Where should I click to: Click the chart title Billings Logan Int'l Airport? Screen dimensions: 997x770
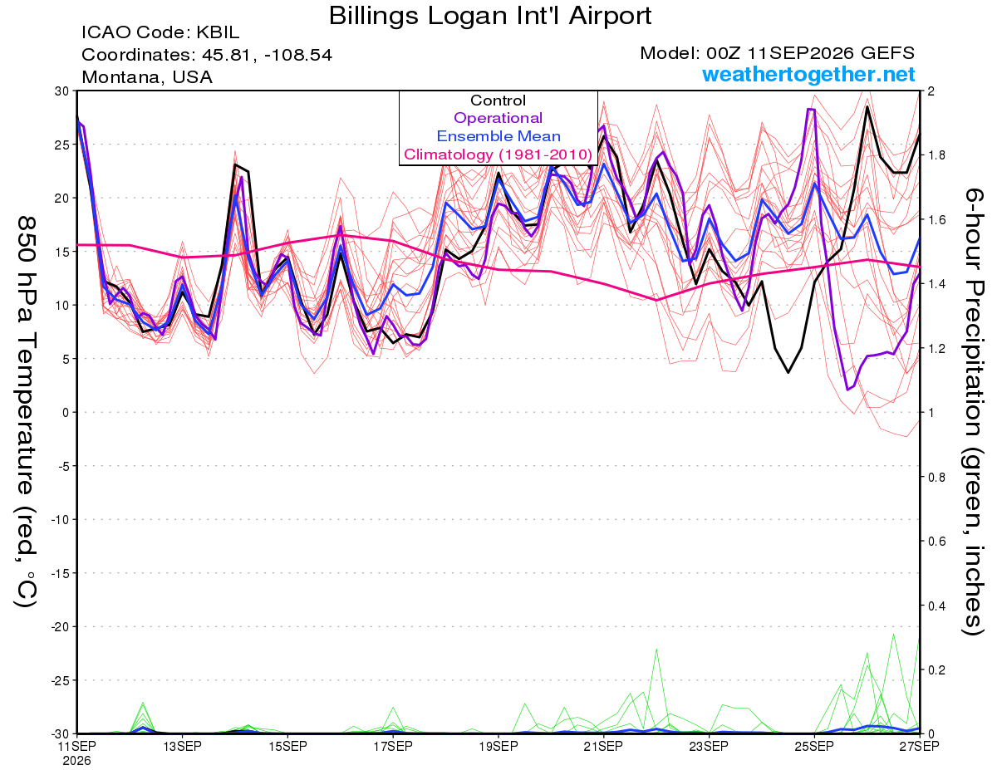(x=490, y=16)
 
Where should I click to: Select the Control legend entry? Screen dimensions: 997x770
(x=498, y=101)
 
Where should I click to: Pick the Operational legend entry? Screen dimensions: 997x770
(x=498, y=118)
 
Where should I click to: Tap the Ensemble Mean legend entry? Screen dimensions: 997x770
(x=498, y=136)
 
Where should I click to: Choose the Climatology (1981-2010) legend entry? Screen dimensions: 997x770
(x=498, y=154)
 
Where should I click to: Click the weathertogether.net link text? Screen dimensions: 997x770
(x=808, y=74)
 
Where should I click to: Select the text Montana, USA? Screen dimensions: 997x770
(x=147, y=77)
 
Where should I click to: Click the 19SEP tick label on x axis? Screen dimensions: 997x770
(x=498, y=746)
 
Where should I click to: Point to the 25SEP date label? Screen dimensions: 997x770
(x=814, y=746)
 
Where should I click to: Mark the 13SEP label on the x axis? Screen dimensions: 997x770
(x=182, y=746)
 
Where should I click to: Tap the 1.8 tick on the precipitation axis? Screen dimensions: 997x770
(x=933, y=155)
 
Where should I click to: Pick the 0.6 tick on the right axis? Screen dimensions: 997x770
(x=933, y=542)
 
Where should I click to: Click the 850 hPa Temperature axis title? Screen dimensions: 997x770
(x=26, y=412)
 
